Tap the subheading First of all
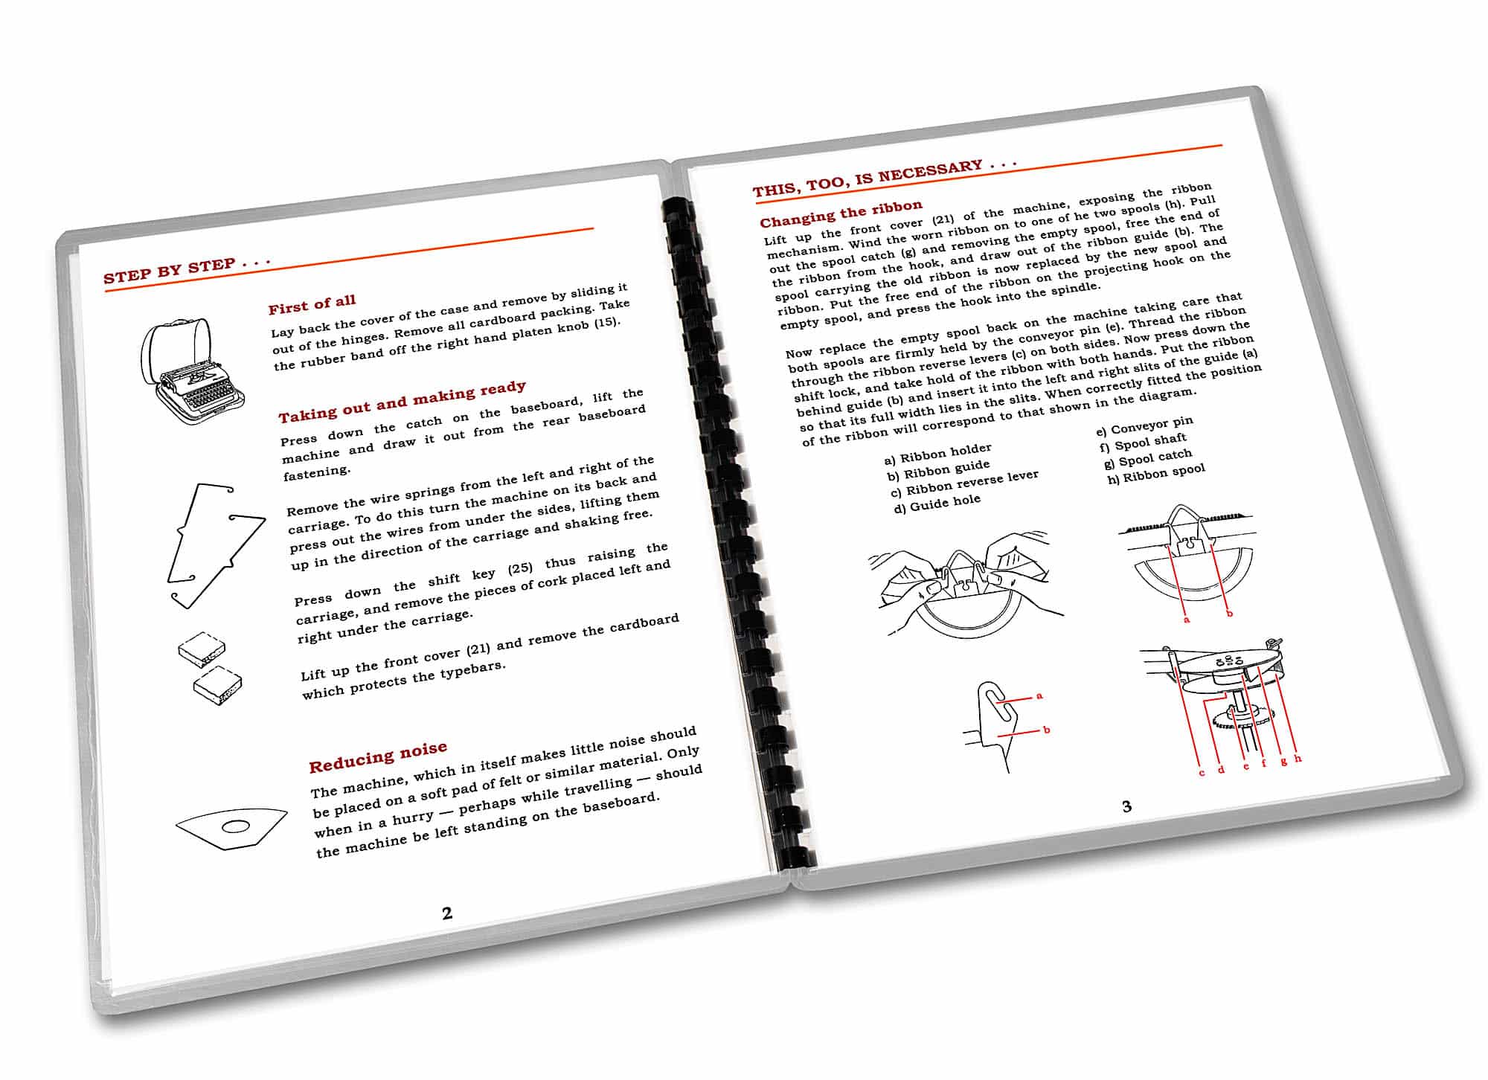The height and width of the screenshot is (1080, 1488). click(312, 304)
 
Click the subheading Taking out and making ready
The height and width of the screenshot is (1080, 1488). click(402, 401)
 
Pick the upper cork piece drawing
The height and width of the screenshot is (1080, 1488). click(202, 648)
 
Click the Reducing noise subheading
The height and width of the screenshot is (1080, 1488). click(378, 756)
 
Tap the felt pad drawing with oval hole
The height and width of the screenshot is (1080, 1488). click(232, 826)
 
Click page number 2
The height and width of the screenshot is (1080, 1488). click(447, 913)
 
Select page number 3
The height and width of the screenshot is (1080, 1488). click(1126, 806)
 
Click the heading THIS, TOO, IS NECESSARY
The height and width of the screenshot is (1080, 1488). click(884, 178)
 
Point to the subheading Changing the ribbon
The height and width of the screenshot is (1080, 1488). click(841, 213)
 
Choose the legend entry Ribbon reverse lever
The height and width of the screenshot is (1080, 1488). click(964, 483)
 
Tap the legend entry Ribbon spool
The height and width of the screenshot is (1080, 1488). click(1156, 474)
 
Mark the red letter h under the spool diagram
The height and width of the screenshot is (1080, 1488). click(1298, 759)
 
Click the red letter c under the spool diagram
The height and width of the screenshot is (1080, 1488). click(1202, 773)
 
